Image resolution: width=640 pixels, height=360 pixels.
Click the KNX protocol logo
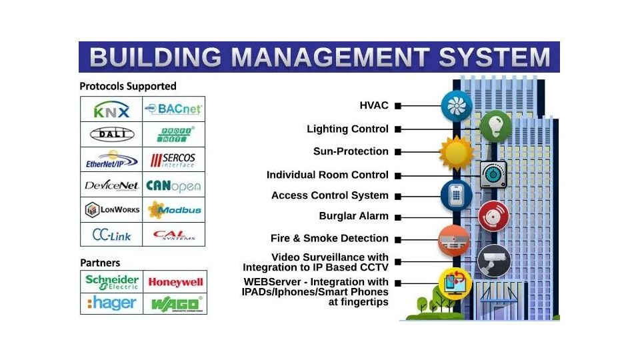tap(111, 109)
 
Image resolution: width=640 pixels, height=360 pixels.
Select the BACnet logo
tap(173, 109)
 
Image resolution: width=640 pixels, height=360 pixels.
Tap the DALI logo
tap(111, 135)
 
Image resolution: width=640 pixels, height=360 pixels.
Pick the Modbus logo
tap(173, 210)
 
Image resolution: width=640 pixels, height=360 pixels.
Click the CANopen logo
tap(173, 185)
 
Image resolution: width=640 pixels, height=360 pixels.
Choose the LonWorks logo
tap(112, 210)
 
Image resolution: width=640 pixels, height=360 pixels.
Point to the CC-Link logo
tap(111, 235)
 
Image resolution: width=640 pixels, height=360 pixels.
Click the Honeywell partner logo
tap(175, 282)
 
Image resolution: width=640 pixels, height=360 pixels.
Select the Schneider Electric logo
tap(112, 281)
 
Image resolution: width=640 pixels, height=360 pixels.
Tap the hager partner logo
tap(112, 303)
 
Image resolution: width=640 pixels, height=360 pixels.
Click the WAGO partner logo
tap(175, 304)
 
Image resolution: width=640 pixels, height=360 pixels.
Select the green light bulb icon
tap(495, 125)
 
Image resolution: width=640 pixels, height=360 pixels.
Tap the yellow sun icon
tap(457, 152)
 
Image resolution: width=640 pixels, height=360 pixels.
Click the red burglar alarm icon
tap(494, 216)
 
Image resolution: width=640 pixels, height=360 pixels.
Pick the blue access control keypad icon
tap(457, 195)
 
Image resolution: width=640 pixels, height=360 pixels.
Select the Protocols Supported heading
tap(128, 86)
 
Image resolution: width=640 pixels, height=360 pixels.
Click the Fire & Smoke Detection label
tap(329, 238)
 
